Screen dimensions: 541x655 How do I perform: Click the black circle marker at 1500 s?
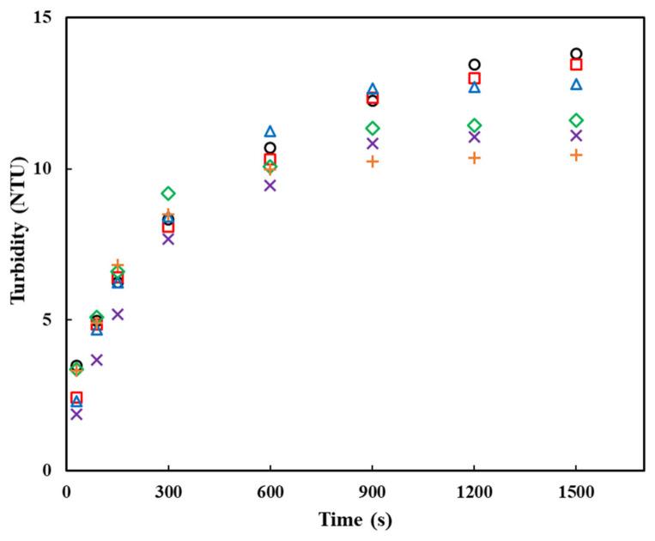pyautogui.click(x=576, y=54)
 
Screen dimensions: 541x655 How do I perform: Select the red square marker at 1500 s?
pyautogui.click(x=576, y=64)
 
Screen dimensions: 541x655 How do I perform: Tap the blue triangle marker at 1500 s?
pyautogui.click(x=576, y=84)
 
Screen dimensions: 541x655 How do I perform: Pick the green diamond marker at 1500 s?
pyautogui.click(x=576, y=120)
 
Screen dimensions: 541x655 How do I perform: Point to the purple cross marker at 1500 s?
pyautogui.click(x=576, y=136)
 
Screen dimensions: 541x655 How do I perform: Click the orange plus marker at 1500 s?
pyautogui.click(x=576, y=155)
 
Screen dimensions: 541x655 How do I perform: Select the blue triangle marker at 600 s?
pyautogui.click(x=270, y=131)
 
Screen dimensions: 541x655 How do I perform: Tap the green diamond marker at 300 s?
pyautogui.click(x=168, y=193)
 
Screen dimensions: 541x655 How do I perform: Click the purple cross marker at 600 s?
pyautogui.click(x=270, y=185)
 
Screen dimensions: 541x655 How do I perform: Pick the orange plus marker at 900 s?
pyautogui.click(x=373, y=161)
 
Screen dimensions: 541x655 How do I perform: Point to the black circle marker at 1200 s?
pyautogui.click(x=474, y=64)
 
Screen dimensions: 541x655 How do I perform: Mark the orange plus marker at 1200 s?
pyautogui.click(x=474, y=158)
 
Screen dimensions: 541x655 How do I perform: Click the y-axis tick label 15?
pyautogui.click(x=41, y=18)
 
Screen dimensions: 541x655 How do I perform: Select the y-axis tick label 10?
pyautogui.click(x=41, y=169)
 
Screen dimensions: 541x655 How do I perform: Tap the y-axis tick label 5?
pyautogui.click(x=46, y=319)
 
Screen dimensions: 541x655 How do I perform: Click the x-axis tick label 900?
pyautogui.click(x=373, y=491)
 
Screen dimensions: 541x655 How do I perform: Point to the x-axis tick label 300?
pyautogui.click(x=168, y=491)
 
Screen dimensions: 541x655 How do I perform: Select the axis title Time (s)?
pyautogui.click(x=355, y=520)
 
